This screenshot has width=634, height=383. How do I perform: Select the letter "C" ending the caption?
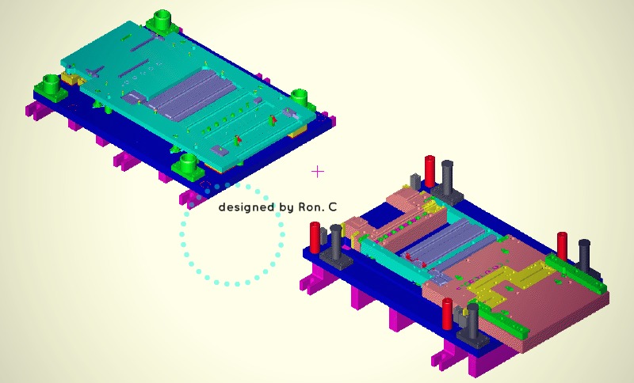pyautogui.click(x=332, y=207)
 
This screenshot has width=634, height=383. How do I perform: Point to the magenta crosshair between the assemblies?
pyautogui.click(x=318, y=172)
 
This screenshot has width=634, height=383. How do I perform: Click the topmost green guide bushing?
pyautogui.click(x=162, y=19)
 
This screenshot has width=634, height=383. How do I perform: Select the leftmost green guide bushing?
pyautogui.click(x=52, y=84)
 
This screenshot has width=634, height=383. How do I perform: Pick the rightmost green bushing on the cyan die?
pyautogui.click(x=299, y=97)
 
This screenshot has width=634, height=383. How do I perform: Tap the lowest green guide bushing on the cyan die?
pyautogui.click(x=188, y=162)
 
